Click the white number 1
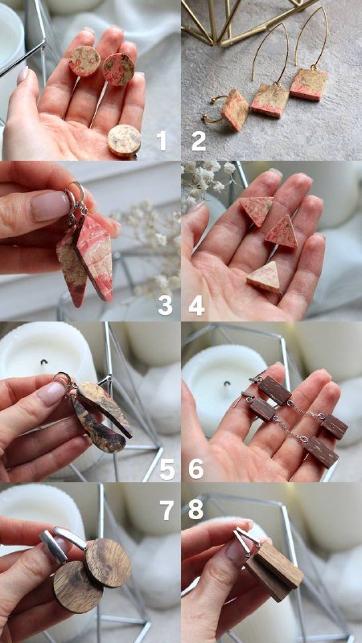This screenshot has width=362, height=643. pyautogui.click(x=162, y=141)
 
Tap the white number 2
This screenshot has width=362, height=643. pyautogui.click(x=199, y=141)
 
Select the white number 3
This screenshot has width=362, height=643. pyautogui.click(x=165, y=305)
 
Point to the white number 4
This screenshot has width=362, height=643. pyautogui.click(x=196, y=305)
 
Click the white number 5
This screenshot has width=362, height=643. pyautogui.click(x=167, y=469)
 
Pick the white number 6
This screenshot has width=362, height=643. pyautogui.click(x=196, y=469)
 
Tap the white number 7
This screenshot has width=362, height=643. pyautogui.click(x=167, y=510)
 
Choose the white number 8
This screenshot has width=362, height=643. pyautogui.click(x=195, y=510)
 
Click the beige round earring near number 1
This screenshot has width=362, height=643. pyautogui.click(x=125, y=141)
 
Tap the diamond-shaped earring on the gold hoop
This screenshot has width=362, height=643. pyautogui.click(x=236, y=110)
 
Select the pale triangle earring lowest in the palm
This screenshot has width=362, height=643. pyautogui.click(x=264, y=277)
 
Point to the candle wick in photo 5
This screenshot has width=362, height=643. pyautogui.click(x=43, y=362)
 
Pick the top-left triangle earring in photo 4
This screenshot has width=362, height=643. pyautogui.click(x=257, y=210)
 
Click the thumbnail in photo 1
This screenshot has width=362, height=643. pyautogui.click(x=23, y=75)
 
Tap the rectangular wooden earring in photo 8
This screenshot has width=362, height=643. pyautogui.click(x=274, y=571)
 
